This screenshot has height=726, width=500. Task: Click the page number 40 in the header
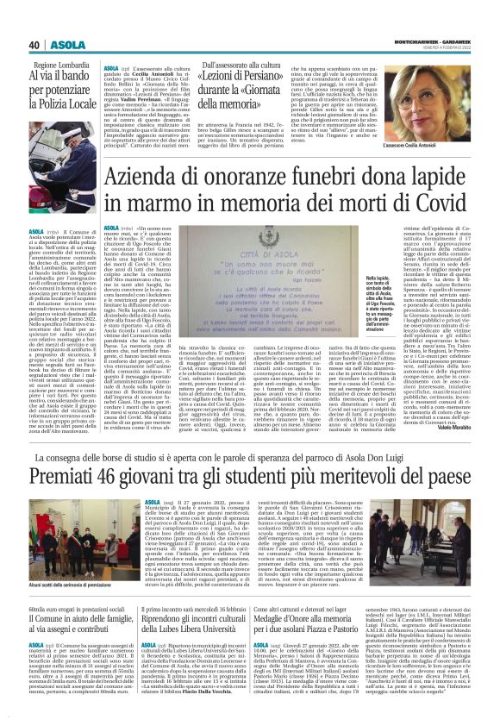coord(35,46)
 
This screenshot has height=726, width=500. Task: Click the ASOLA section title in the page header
coord(68,46)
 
